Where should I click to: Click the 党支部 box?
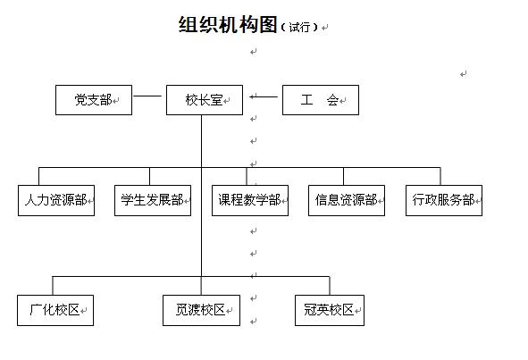click(x=94, y=100)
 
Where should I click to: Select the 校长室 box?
click(x=205, y=100)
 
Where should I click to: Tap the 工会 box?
click(x=321, y=100)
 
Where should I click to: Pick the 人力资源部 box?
click(x=56, y=200)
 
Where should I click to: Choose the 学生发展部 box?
click(x=153, y=200)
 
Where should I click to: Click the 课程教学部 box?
click(x=250, y=200)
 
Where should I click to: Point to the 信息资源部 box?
click(x=347, y=200)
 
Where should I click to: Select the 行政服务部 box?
click(x=444, y=200)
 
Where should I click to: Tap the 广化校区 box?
click(x=55, y=310)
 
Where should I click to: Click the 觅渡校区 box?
click(x=201, y=310)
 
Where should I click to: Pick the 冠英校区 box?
click(x=330, y=310)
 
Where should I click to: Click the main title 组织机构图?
click(x=228, y=25)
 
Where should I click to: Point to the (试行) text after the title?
click(x=299, y=27)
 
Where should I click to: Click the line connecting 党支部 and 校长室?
click(x=147, y=96)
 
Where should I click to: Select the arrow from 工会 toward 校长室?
click(x=264, y=96)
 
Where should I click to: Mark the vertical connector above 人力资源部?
click(x=38, y=176)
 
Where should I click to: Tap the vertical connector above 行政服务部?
click(x=440, y=176)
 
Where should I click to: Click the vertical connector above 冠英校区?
click(x=330, y=286)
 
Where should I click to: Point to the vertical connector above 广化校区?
click(x=53, y=286)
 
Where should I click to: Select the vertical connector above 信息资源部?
click(x=343, y=176)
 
